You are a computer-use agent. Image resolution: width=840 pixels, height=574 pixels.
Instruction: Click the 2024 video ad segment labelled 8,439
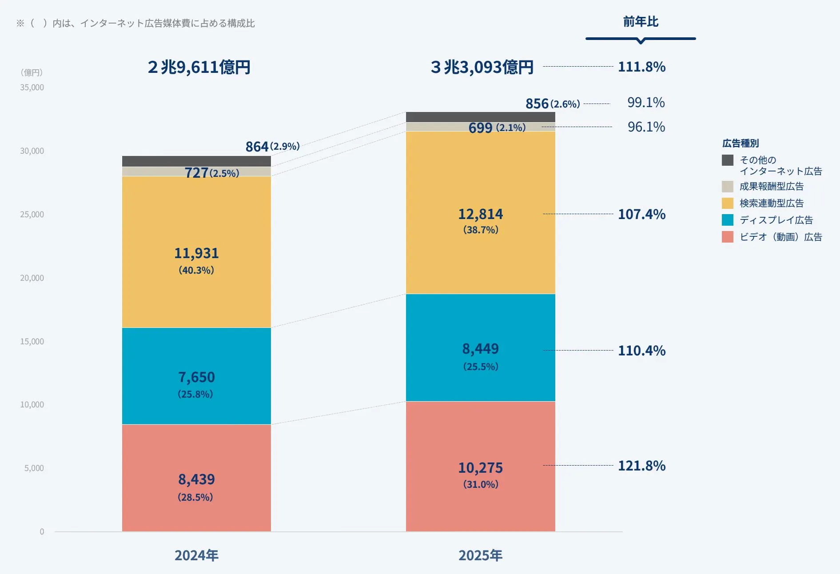coord(196,478)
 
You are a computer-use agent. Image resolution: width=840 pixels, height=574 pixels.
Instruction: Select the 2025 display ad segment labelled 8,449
coord(480,347)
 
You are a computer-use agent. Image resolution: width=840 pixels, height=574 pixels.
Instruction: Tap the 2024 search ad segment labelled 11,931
coord(196,252)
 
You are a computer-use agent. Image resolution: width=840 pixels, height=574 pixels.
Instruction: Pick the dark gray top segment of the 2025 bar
coord(480,117)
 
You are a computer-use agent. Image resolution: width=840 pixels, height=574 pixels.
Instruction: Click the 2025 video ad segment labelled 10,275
coord(480,466)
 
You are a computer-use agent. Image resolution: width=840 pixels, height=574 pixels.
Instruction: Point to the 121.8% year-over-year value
coord(641,466)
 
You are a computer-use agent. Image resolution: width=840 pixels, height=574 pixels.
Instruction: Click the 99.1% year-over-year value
coord(646,103)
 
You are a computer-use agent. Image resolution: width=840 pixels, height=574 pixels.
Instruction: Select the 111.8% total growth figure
coord(641,67)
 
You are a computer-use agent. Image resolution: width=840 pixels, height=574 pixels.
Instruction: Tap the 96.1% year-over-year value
coord(646,127)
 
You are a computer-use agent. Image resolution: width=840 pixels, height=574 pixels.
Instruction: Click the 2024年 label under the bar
coord(196,555)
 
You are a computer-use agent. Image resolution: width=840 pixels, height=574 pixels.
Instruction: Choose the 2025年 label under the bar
coord(480,555)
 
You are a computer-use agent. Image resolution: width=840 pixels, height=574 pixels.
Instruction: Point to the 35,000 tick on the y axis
coord(32,88)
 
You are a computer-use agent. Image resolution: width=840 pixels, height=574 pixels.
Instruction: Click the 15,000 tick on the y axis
coord(32,341)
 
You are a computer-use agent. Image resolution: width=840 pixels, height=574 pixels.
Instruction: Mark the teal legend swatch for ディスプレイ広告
coord(728,220)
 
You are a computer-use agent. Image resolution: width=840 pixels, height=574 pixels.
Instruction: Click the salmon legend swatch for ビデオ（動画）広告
coord(728,237)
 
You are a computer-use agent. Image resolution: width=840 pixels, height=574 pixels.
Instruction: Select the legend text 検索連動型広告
coord(772,203)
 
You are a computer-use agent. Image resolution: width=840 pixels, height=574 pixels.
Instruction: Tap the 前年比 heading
coord(641,22)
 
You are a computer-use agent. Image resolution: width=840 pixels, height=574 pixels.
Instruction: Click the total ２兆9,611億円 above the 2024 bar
coord(199,67)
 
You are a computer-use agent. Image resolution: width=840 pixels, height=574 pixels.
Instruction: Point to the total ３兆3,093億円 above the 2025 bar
coord(482,67)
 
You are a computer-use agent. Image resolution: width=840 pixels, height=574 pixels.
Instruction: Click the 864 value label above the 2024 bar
coord(257,147)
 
